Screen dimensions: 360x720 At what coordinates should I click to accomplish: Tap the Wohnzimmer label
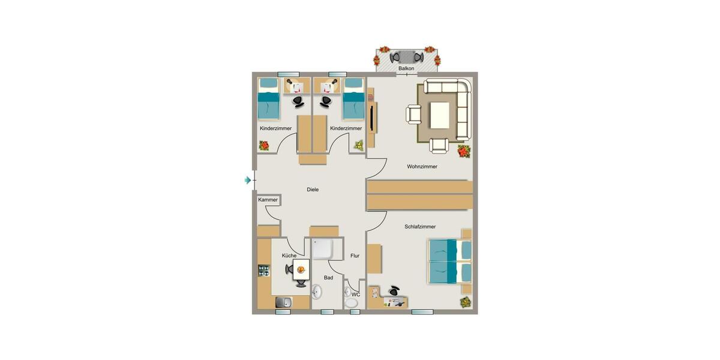[x=422, y=167]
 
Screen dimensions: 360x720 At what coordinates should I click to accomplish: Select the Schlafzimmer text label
[x=420, y=227]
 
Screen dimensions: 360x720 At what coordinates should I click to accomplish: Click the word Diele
[x=313, y=190]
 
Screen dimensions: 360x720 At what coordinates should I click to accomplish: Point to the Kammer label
[x=268, y=200]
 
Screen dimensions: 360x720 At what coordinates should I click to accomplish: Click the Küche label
[x=289, y=256]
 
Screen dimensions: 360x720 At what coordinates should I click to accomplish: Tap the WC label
[x=356, y=295]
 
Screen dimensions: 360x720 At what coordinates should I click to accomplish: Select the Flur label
[x=355, y=256]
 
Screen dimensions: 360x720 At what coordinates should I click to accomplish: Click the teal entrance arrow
[x=247, y=180]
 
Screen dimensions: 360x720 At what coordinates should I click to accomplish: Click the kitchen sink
[x=283, y=303]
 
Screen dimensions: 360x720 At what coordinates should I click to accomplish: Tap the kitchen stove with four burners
[x=264, y=271]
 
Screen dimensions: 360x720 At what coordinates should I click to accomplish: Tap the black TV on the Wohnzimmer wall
[x=373, y=118]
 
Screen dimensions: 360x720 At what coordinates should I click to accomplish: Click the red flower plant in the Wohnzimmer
[x=463, y=151]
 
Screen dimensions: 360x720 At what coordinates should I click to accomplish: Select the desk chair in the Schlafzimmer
[x=394, y=290]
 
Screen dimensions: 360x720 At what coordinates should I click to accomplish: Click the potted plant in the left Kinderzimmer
[x=264, y=145]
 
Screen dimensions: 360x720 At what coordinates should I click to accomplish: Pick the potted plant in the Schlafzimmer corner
[x=466, y=303]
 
